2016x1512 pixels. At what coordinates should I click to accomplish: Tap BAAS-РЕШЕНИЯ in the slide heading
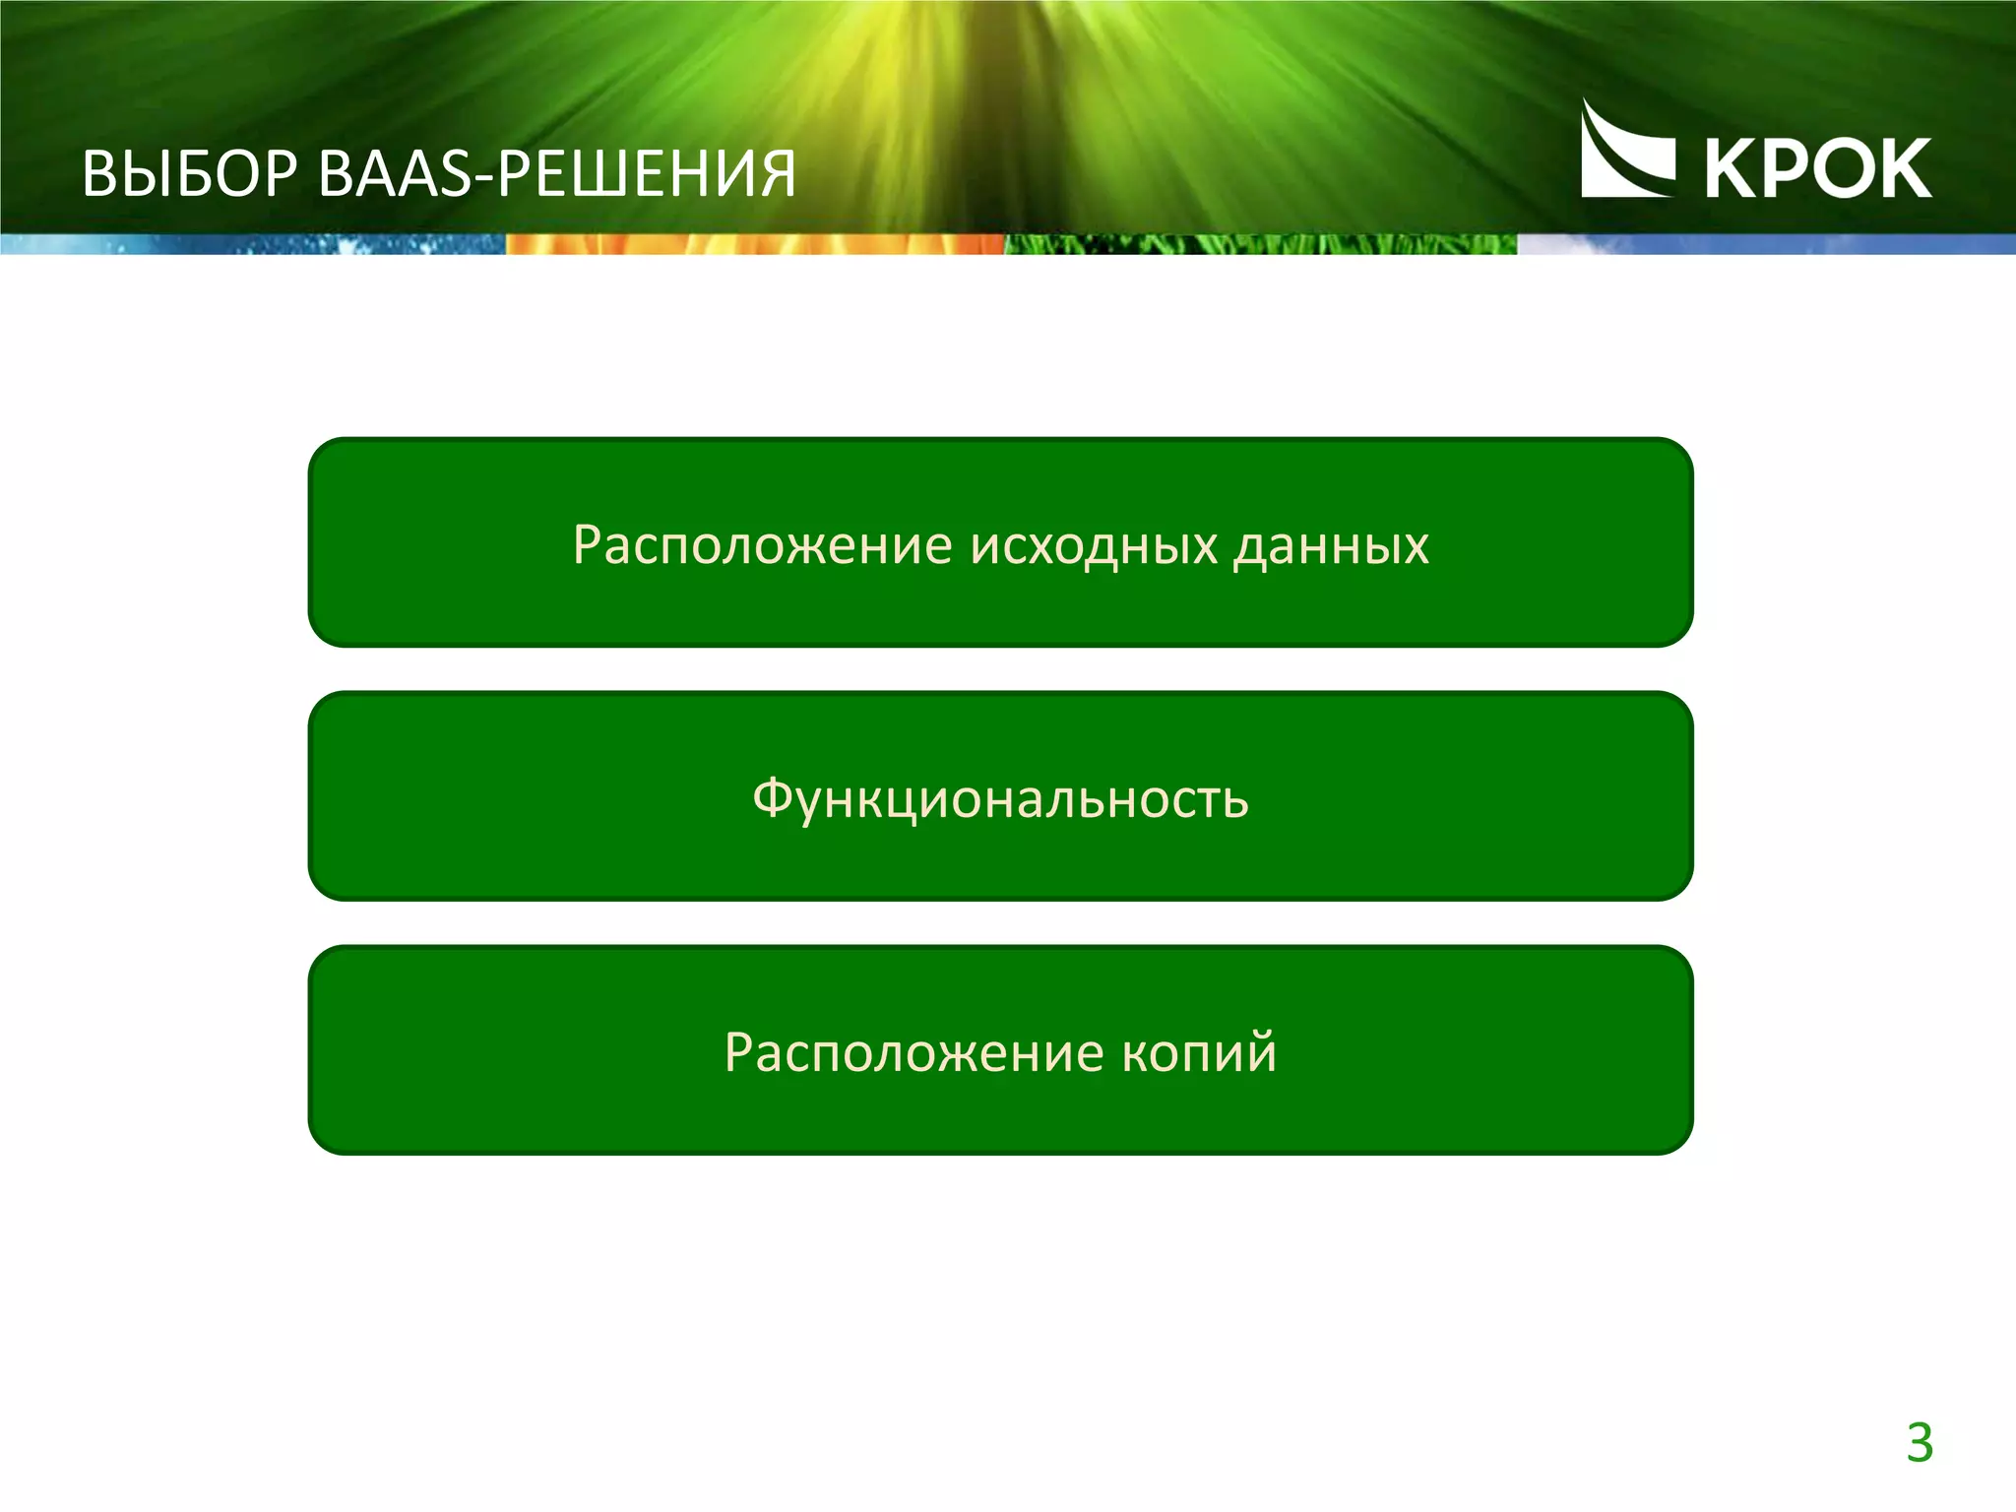point(557,175)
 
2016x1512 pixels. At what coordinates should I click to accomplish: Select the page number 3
point(1920,1444)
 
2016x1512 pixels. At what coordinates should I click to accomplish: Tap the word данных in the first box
point(1331,544)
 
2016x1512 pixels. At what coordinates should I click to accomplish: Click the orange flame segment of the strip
point(754,244)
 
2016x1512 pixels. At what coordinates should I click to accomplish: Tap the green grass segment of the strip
point(1260,244)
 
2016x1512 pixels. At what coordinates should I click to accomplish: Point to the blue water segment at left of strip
point(252,244)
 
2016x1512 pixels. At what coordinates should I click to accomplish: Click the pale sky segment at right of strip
point(1766,244)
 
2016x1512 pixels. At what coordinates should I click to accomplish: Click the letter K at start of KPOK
point(1729,169)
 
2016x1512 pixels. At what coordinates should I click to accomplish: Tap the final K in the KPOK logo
point(1908,169)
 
